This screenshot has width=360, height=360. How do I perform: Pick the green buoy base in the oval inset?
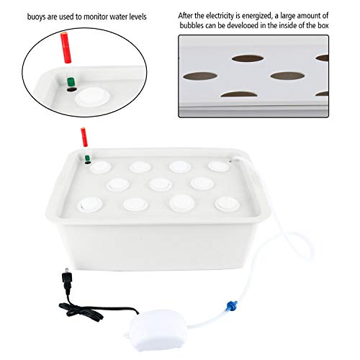click(71, 84)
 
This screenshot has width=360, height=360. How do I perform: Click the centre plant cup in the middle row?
click(159, 184)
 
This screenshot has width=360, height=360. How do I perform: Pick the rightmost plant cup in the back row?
click(217, 166)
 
